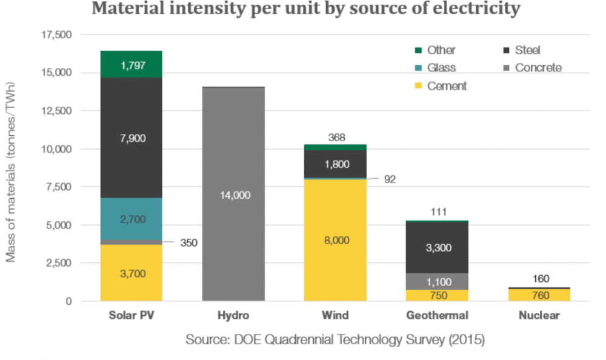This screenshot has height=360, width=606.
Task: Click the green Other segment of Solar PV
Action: pos(132,65)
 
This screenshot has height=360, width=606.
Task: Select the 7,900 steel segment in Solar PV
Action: pos(132,138)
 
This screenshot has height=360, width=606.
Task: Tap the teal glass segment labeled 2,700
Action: pos(132,219)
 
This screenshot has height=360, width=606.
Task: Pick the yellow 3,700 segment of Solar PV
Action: pos(132,273)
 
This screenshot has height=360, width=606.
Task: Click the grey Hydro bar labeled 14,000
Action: pos(233,195)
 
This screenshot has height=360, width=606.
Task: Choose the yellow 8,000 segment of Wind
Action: pos(336,240)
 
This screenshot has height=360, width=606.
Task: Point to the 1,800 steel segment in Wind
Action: pos(336,164)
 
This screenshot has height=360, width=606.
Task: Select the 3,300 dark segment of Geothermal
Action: pos(438,248)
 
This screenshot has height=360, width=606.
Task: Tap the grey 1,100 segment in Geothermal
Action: pos(438,281)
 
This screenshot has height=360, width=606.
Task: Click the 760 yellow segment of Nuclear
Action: pos(539,295)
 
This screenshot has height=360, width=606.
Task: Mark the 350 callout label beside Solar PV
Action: pos(188,243)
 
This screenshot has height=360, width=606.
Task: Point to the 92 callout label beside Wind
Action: pos(388,179)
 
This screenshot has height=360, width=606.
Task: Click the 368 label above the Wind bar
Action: pos(336,138)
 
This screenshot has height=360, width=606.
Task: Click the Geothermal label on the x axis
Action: pos(438,316)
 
